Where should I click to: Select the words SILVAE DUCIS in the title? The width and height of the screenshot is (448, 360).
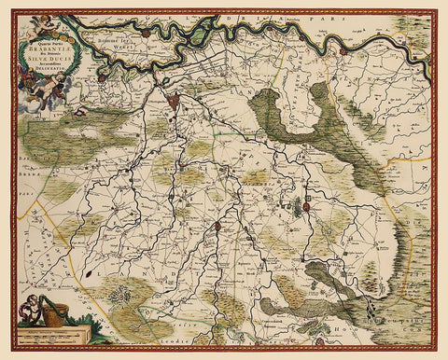(x=60, y=62)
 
